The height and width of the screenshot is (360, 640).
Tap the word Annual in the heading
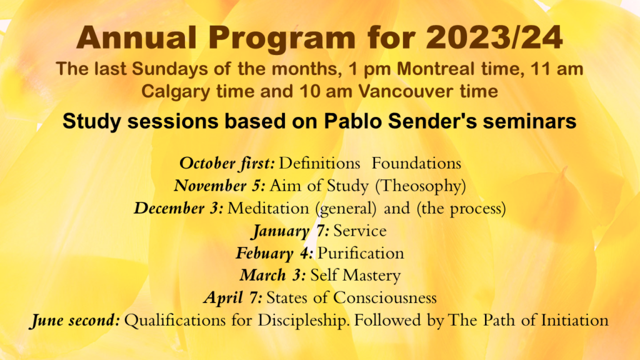click(136, 37)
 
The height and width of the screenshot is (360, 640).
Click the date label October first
click(227, 163)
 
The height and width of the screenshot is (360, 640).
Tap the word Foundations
click(416, 163)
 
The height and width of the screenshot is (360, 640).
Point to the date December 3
click(178, 208)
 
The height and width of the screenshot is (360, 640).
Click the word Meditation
click(268, 208)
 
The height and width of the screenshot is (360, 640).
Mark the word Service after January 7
click(360, 231)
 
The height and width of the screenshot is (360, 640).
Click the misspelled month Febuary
click(264, 254)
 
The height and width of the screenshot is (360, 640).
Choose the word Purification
click(361, 253)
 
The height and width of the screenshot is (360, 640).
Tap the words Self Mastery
click(356, 276)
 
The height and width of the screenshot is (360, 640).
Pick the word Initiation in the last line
click(575, 320)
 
